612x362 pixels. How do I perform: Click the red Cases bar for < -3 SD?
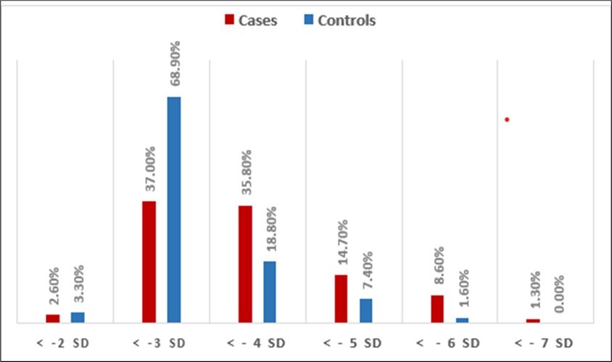[149, 261]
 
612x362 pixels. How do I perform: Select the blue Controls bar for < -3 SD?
[174, 209]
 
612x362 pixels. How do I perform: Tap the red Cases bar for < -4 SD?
[245, 263]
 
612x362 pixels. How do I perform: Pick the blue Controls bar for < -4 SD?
[270, 291]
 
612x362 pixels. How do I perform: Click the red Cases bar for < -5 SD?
[342, 298]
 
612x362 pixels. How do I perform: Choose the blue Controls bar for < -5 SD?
[366, 310]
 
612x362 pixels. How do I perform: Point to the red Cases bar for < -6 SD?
[437, 308]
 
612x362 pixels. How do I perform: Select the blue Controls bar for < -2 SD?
[78, 317]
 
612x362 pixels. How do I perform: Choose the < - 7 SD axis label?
[545, 342]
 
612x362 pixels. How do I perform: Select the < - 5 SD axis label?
[353, 342]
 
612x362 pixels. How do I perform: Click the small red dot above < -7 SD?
[507, 120]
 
